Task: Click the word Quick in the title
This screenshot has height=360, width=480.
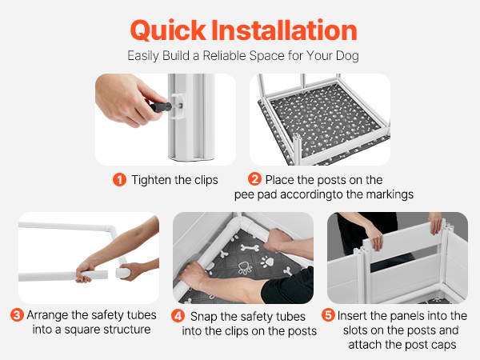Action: point(168,30)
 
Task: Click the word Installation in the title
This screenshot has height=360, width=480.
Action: point(284,30)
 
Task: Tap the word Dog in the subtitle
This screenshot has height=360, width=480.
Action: point(347,56)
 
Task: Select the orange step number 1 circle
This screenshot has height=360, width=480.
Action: point(119,180)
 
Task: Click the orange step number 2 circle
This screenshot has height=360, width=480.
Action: point(254,179)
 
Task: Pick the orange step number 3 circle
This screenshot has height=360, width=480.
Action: point(17,314)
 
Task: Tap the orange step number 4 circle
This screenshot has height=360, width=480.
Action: point(178,316)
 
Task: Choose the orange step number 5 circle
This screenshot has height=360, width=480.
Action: point(329,314)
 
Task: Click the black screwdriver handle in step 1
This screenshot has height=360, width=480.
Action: point(161,107)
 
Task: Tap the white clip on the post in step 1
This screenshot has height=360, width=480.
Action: point(178,106)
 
